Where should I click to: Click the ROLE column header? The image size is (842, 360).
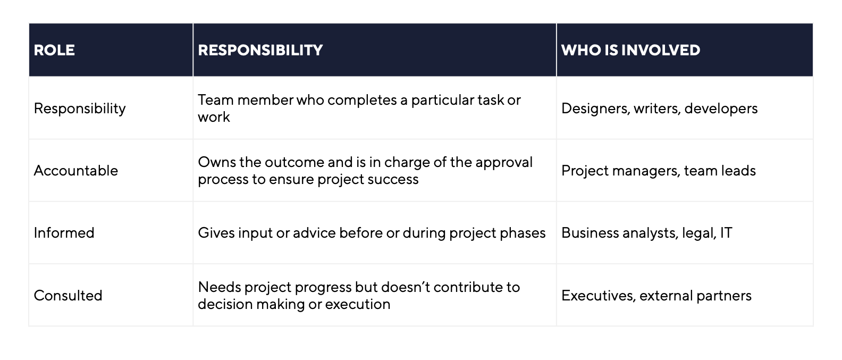point(54,50)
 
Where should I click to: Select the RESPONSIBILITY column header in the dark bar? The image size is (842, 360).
point(260,50)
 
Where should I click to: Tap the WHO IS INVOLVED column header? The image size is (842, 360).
point(631,50)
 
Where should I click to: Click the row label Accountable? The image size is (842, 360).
point(76,171)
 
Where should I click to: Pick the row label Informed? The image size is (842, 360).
point(64,233)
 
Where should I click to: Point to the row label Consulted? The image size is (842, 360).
point(68,296)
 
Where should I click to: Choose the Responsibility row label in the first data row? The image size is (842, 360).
point(80,109)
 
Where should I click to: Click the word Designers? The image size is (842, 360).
point(595,109)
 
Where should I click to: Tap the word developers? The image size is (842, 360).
point(721,108)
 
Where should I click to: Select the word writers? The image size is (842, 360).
point(657,108)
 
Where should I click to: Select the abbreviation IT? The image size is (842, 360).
point(726,233)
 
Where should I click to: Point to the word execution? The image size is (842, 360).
point(357,304)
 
